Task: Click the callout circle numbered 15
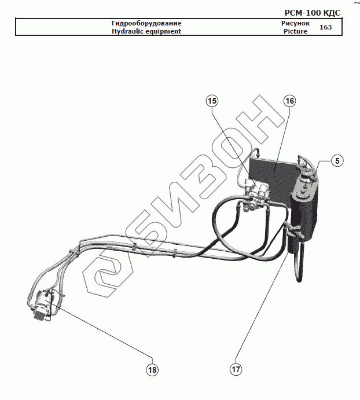212,101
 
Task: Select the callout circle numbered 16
289,101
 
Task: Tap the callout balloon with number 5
337,161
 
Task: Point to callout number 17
236,369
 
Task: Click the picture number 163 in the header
325,27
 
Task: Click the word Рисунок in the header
295,23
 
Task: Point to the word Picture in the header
295,31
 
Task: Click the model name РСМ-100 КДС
313,12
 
